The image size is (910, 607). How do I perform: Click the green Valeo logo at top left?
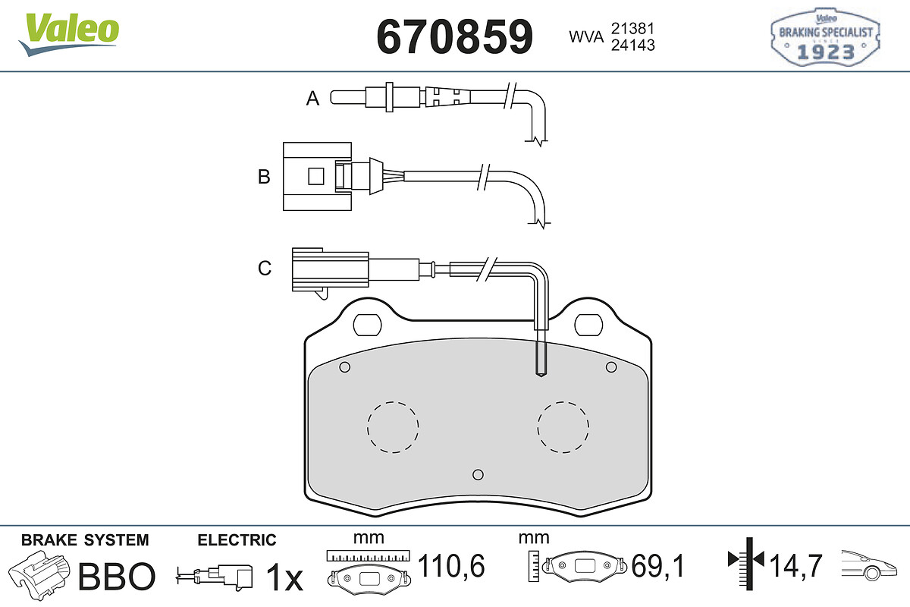pyautogui.click(x=69, y=34)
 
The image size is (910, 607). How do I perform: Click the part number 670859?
pyautogui.click(x=454, y=36)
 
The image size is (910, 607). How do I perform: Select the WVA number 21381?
pyautogui.click(x=632, y=29)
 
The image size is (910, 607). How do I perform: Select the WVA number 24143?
pyautogui.click(x=633, y=45)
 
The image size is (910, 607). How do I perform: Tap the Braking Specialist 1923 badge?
pyautogui.click(x=826, y=37)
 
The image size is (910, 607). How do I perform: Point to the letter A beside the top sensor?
pyautogui.click(x=312, y=98)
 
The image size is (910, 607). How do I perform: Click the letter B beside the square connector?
pyautogui.click(x=264, y=177)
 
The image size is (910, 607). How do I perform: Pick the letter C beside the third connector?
pyautogui.click(x=265, y=268)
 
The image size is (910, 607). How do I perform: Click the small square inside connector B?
pyautogui.click(x=316, y=177)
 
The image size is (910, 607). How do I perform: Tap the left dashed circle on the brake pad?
pyautogui.click(x=393, y=427)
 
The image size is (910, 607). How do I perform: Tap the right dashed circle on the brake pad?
pyautogui.click(x=563, y=427)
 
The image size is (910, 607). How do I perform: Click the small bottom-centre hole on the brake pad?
pyautogui.click(x=479, y=474)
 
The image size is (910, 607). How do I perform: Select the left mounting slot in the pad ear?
pyautogui.click(x=368, y=325)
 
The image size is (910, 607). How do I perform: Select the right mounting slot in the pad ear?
pyautogui.click(x=588, y=325)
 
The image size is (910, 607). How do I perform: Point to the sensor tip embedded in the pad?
pyautogui.click(x=541, y=373)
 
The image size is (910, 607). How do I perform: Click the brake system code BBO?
pyautogui.click(x=117, y=576)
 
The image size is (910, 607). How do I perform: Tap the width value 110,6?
pyautogui.click(x=451, y=565)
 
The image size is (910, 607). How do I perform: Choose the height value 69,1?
pyautogui.click(x=658, y=565)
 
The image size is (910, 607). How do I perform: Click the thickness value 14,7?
pyautogui.click(x=795, y=565)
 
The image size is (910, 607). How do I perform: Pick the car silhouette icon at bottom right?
pyautogui.click(x=869, y=565)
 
